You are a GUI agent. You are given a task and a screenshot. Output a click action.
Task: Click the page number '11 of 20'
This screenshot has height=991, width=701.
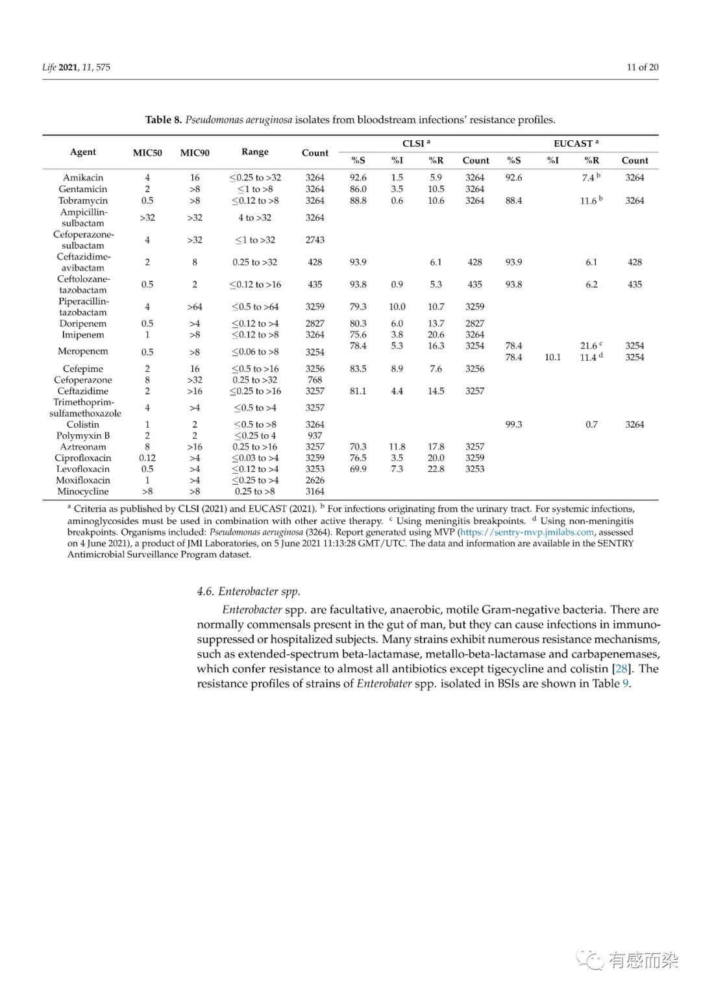point(642,67)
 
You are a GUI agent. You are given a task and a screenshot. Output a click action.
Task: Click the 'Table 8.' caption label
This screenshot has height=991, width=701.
point(164,119)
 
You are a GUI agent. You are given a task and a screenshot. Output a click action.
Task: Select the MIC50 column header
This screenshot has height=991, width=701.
point(147,153)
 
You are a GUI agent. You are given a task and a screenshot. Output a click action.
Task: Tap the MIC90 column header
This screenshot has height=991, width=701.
point(195,153)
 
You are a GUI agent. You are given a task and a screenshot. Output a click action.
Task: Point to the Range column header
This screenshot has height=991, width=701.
point(255,152)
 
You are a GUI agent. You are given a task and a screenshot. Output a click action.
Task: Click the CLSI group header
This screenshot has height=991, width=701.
point(416,143)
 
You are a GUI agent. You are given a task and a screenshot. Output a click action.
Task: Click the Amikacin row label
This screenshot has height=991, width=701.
point(83,177)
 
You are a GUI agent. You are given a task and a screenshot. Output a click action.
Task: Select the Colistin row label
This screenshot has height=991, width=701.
point(83,424)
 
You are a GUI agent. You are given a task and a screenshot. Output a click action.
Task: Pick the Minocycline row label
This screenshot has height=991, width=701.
point(83,491)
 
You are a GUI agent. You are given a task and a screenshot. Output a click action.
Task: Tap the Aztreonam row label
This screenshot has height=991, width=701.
point(83,447)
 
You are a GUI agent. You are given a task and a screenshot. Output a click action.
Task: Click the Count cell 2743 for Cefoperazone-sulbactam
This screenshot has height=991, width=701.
point(315,239)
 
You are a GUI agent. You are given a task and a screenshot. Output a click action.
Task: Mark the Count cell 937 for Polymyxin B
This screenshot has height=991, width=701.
point(315,435)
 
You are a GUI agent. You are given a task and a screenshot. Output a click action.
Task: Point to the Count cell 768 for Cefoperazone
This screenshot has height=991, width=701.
point(315,380)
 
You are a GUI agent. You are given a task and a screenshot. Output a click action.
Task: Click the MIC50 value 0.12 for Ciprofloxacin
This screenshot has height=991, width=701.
point(147,458)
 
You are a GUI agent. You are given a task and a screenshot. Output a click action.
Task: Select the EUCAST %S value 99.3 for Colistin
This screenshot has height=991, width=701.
point(513,424)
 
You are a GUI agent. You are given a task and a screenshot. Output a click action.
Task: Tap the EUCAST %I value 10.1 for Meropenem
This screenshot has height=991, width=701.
point(552,357)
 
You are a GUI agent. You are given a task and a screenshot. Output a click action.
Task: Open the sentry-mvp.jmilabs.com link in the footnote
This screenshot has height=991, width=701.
point(527,532)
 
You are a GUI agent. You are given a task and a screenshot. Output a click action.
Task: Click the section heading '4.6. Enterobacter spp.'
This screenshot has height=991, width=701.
point(249,591)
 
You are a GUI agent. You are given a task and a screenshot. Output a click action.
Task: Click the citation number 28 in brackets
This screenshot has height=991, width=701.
point(621,668)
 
